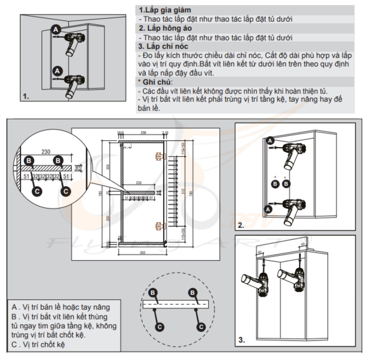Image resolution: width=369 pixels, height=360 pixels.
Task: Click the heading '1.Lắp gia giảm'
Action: click(x=165, y=10)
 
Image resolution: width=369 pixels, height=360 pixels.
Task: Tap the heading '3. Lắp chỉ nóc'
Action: click(x=163, y=46)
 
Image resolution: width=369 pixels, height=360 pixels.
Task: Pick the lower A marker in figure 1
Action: click(x=55, y=69)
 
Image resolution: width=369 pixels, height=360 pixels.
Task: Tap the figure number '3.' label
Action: click(x=241, y=339)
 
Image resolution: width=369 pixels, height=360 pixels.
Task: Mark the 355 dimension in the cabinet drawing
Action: click(x=108, y=167)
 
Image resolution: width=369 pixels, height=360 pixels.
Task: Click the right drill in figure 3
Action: click(x=293, y=278)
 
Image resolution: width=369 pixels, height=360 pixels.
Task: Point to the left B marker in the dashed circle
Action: click(x=153, y=292)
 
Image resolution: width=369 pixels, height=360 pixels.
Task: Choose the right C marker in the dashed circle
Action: click(x=202, y=327)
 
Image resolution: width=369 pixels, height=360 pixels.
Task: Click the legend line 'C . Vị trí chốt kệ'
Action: click(x=40, y=345)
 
